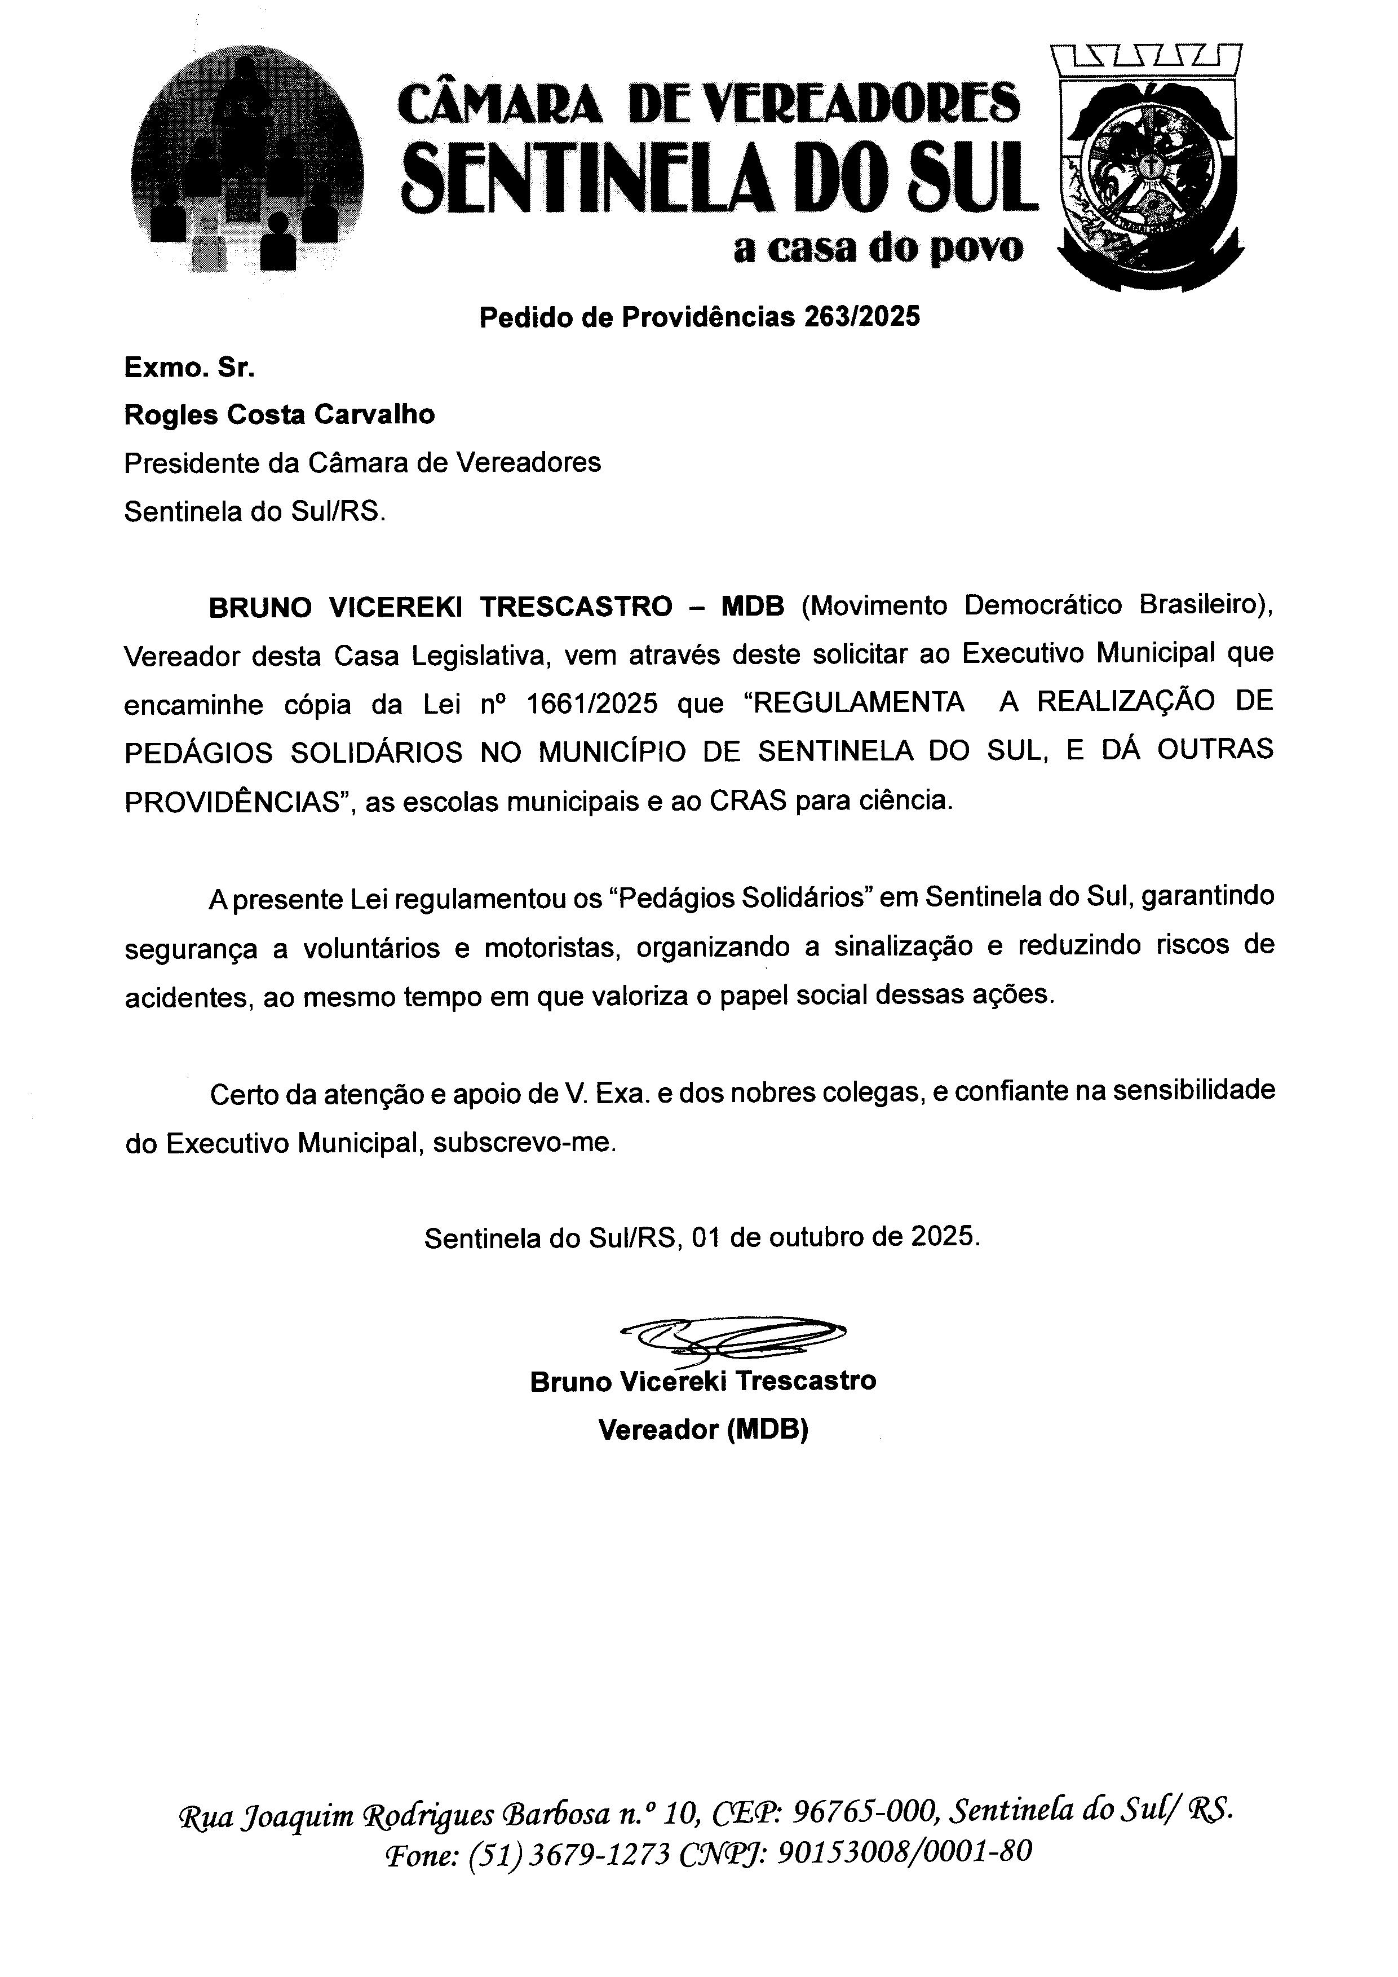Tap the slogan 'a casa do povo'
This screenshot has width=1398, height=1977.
pos(878,249)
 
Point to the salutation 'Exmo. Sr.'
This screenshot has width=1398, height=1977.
pos(189,369)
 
